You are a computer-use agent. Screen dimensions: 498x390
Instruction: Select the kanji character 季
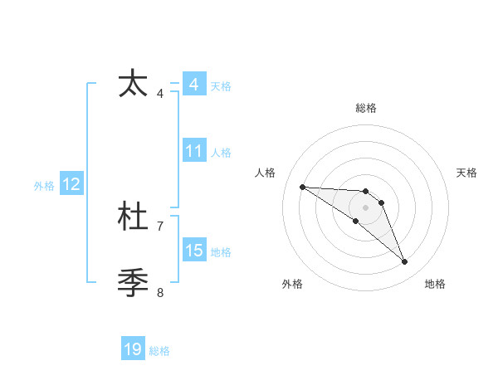point(134,283)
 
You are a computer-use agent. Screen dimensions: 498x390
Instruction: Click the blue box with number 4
point(193,85)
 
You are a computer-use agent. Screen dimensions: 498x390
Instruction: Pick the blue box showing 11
point(193,151)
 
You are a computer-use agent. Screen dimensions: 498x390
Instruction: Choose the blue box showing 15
point(193,251)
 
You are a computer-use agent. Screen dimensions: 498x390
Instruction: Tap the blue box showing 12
point(71,185)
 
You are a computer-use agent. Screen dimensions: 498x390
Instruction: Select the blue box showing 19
point(133,349)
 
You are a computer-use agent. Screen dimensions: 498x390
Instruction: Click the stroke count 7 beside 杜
point(160,226)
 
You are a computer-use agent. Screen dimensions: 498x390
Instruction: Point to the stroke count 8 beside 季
point(160,292)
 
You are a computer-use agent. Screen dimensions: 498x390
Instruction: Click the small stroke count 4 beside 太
point(160,94)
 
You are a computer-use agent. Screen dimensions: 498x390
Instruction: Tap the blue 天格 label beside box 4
point(221,86)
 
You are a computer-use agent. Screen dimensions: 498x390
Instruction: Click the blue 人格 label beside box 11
point(221,153)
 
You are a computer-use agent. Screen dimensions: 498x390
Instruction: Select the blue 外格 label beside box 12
point(44,187)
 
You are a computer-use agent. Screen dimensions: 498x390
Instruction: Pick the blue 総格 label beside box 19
point(159,351)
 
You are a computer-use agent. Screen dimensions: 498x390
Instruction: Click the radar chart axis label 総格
point(366,108)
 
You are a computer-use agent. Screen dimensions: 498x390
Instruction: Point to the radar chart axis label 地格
point(435,284)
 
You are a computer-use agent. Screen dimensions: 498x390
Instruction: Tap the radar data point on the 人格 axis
point(302,187)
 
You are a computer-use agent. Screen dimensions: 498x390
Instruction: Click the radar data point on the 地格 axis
point(405,262)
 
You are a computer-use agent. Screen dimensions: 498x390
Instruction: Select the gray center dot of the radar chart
point(366,207)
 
